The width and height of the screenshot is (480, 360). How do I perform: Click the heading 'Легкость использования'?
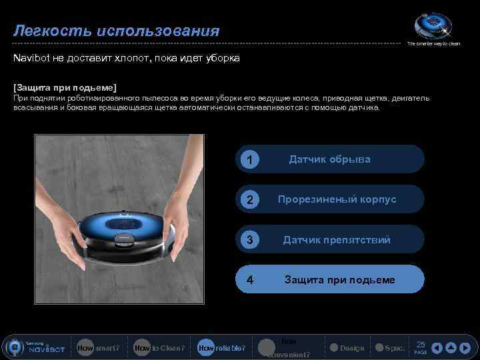tap(117, 31)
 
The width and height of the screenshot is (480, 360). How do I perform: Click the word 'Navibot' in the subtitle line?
tap(31, 58)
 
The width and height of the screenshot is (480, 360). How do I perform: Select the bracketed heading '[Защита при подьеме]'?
tap(65, 87)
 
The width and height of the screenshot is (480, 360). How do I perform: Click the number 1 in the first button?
tap(249, 160)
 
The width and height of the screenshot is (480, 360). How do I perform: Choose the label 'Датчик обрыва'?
tap(329, 159)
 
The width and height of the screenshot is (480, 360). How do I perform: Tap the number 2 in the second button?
tap(249, 200)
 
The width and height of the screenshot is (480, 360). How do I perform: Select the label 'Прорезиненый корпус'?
tap(337, 199)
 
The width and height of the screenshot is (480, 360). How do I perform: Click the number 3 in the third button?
tap(249, 240)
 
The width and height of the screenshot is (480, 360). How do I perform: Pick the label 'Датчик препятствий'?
tap(337, 239)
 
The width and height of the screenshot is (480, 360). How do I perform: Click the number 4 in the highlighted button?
tap(249, 280)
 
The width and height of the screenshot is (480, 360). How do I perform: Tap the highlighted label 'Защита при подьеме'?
tap(339, 279)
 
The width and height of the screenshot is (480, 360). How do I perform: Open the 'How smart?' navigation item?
tap(99, 348)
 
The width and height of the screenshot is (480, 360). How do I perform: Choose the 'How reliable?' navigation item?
tap(221, 348)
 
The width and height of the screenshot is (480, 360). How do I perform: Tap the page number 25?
tap(421, 344)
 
